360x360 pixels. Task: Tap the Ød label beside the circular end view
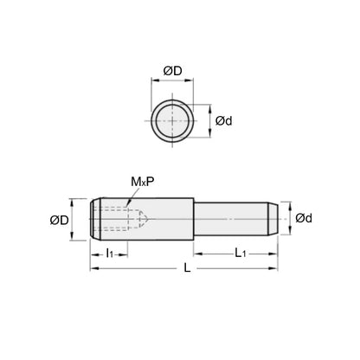click(223, 121)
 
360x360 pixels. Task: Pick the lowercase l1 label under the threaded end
click(110, 254)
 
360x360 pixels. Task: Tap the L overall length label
click(187, 270)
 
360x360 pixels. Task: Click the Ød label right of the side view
click(304, 218)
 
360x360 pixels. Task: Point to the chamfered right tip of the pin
click(274, 221)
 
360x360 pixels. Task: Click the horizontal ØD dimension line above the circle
click(180, 79)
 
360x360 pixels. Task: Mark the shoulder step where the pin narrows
click(193, 221)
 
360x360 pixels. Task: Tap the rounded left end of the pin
click(93, 221)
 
